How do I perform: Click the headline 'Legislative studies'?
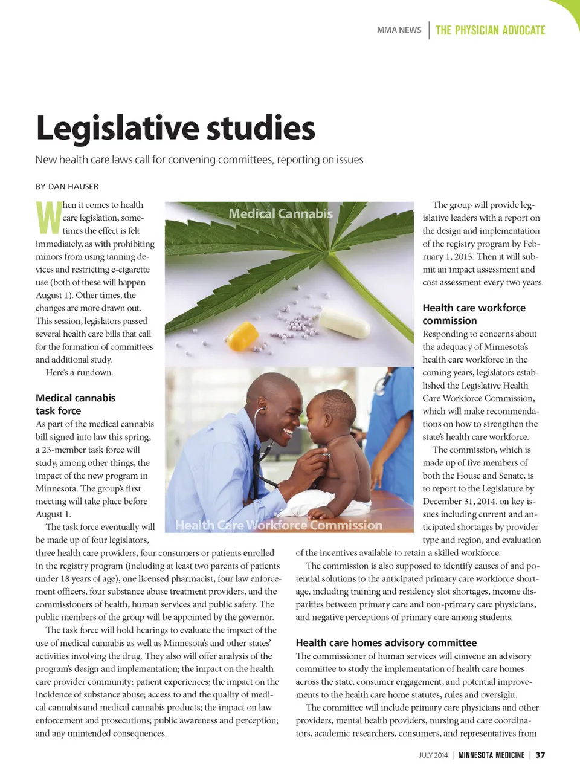(175, 128)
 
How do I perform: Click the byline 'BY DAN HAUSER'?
(66, 186)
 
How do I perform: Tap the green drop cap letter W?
(48, 218)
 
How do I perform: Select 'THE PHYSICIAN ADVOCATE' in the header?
(490, 30)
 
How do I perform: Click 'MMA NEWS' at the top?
(399, 30)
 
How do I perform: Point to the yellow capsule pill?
(244, 335)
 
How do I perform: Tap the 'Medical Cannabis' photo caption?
(280, 213)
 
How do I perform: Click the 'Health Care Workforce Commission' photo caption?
(279, 525)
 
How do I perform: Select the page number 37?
(540, 755)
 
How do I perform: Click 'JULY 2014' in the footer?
(433, 755)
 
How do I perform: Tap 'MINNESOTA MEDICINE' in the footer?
(491, 755)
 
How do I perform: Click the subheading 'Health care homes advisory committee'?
(386, 642)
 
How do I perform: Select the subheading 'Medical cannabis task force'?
(75, 404)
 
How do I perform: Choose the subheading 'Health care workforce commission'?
(474, 314)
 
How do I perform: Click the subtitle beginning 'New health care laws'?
(199, 160)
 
